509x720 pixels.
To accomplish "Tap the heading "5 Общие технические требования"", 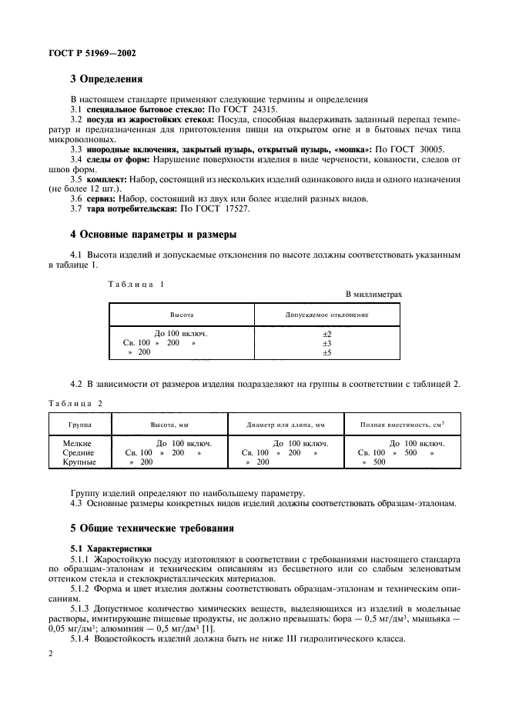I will [152, 530].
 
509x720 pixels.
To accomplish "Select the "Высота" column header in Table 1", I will [181, 315].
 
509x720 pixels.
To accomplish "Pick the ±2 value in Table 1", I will [326, 333].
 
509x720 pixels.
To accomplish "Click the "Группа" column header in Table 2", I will [80, 425].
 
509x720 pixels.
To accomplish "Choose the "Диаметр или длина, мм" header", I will [286, 425].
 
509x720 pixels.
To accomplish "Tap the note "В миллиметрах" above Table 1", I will [373, 295].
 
